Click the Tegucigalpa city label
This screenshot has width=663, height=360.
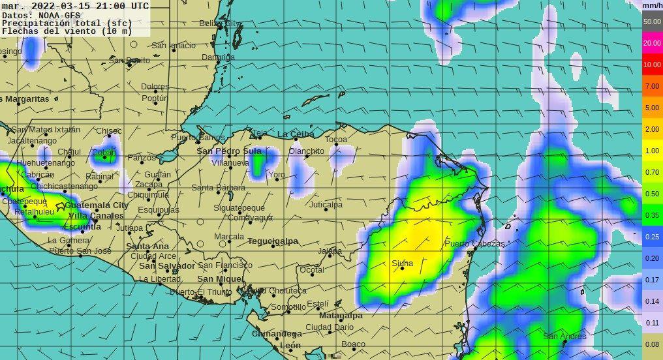tap(273, 241)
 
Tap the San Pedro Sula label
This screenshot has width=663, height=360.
tap(229, 151)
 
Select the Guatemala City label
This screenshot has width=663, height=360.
tap(97, 205)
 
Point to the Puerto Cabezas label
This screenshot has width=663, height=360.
tap(474, 244)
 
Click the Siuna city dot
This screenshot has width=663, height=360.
tap(403, 269)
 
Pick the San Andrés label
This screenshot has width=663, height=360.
tap(564, 337)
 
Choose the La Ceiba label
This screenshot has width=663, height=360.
tap(296, 134)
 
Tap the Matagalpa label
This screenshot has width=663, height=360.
tap(341, 316)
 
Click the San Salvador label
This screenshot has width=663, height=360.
tap(167, 266)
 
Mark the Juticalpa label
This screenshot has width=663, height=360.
tap(326, 205)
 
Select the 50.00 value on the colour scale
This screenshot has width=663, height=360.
tap(652, 22)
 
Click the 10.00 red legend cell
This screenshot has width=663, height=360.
tap(652, 65)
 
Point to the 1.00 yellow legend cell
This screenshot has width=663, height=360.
tap(652, 151)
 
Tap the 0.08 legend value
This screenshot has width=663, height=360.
tap(652, 344)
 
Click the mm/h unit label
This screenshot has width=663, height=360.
tap(652, 5)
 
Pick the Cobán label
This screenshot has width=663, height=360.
tap(104, 153)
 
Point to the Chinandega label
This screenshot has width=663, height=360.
tap(277, 334)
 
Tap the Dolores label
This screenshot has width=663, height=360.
tap(155, 87)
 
